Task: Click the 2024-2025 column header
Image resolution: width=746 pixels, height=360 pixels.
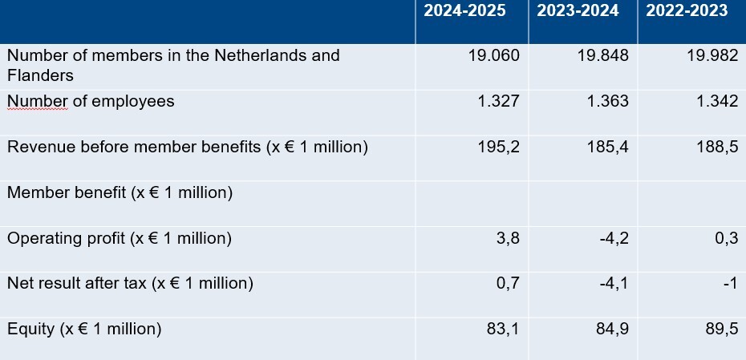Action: [464, 11]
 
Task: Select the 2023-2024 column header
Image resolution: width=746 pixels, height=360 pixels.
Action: [578, 11]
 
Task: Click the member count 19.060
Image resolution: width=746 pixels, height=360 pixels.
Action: [493, 56]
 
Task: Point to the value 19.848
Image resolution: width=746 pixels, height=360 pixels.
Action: [602, 56]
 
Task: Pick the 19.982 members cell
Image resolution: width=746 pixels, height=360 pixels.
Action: [712, 56]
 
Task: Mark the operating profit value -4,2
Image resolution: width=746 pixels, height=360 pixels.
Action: [613, 238]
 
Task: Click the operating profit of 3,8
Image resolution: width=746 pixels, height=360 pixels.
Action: [508, 238]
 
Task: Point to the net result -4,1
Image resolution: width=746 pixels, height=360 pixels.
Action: [613, 283]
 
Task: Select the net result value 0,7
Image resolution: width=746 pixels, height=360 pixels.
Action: [508, 283]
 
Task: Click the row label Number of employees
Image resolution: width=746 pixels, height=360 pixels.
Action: [91, 102]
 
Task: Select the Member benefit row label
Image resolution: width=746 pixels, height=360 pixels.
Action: [120, 193]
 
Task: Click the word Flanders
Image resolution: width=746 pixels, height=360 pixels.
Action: [41, 75]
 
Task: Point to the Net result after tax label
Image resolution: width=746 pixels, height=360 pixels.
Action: [130, 283]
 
